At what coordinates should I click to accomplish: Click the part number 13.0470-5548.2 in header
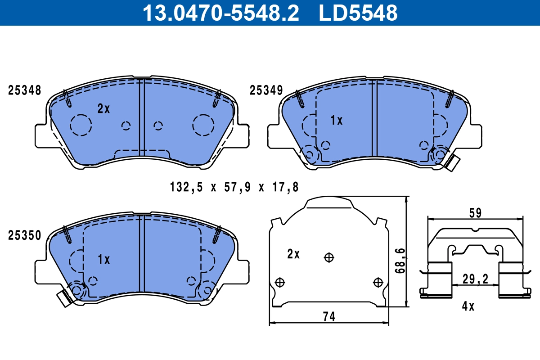click(x=220, y=13)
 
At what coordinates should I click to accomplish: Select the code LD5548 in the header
click(x=358, y=13)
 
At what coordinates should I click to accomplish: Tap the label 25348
click(x=25, y=90)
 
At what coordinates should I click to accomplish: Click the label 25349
click(x=266, y=90)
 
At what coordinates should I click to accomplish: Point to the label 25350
click(x=25, y=235)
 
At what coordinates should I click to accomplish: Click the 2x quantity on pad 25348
click(x=103, y=108)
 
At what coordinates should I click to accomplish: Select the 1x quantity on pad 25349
click(x=336, y=120)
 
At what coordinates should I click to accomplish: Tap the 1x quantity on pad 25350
click(x=104, y=260)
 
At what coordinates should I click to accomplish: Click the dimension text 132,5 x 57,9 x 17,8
click(x=234, y=186)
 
